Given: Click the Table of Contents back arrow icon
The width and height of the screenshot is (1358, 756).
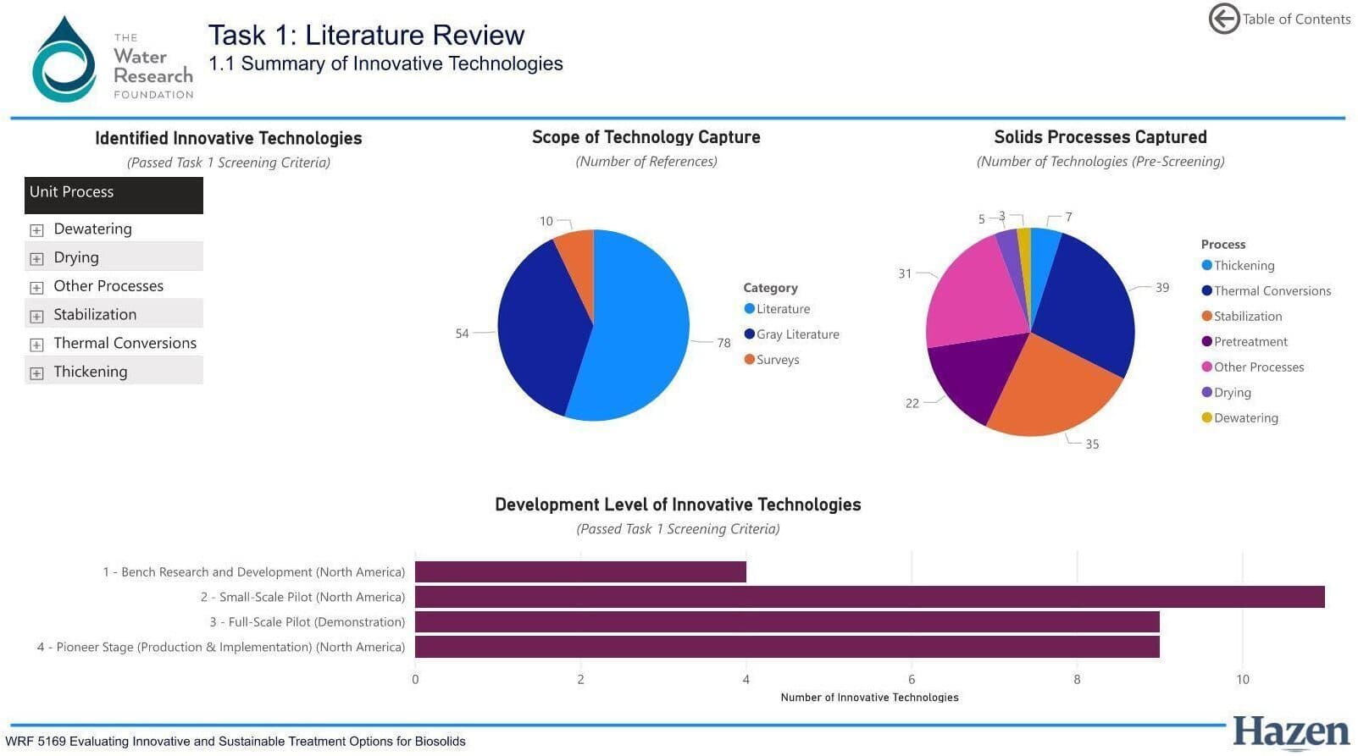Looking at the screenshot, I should coord(1223,19).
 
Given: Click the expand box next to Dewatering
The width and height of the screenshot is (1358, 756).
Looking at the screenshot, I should coord(36,230).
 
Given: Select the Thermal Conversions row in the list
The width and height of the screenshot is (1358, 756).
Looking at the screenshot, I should coord(125,343).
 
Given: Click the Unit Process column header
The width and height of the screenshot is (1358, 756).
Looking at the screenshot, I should coord(114,192).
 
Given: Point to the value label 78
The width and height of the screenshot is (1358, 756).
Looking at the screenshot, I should coord(723,343).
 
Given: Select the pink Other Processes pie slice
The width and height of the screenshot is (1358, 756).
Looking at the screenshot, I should coord(974,292).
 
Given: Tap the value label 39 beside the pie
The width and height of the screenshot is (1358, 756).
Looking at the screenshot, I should coord(1161,288).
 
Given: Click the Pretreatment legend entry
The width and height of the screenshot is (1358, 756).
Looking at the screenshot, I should coord(1250,342).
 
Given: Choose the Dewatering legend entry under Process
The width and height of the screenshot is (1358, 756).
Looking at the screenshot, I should coord(1245,418).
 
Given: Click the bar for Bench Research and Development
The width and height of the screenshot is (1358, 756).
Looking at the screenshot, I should coord(580,572).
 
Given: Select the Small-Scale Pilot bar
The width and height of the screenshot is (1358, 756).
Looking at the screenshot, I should coord(869,597).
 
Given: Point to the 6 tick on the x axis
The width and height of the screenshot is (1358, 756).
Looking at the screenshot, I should coord(912,679).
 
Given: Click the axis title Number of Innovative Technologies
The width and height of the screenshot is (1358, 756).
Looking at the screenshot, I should coord(869,698).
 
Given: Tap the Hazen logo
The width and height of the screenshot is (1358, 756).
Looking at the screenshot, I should coord(1290,733).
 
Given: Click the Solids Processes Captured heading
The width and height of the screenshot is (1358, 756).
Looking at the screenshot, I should coord(1100,137).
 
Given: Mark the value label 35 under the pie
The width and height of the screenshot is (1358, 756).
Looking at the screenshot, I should coord(1092,444).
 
